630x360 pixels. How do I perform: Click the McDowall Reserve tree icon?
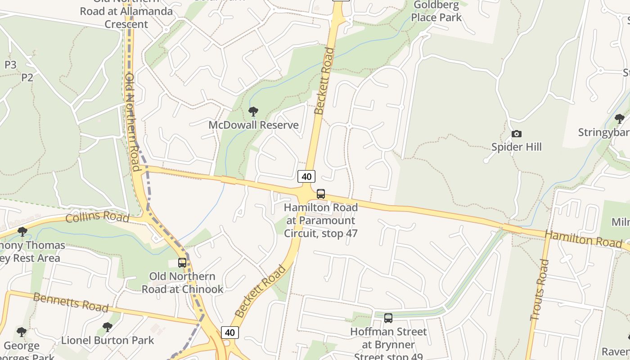pos(253,111)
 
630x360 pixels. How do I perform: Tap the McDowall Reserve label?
pos(253,125)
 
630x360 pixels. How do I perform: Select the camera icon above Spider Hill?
pos(516,134)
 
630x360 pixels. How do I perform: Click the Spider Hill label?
pos(516,147)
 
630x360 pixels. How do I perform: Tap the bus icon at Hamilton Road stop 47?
pos(321,194)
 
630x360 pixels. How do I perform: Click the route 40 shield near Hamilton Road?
pos(306,176)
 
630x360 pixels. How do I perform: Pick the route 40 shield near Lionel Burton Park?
pos(229,333)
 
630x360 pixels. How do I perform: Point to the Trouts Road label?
pos(539,290)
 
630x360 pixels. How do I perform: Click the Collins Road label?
pos(97,217)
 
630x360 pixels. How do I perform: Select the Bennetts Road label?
pos(71,302)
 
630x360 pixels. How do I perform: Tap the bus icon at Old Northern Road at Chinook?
pos(182,263)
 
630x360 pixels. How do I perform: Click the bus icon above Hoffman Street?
pos(388,318)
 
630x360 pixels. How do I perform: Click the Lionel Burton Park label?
pos(108,341)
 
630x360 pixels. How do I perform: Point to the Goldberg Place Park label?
pos(436,12)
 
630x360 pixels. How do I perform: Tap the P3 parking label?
pos(10,65)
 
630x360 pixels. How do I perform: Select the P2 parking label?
pos(27,77)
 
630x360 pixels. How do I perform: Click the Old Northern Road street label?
pos(134,121)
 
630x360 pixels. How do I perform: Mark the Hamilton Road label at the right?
pos(583,238)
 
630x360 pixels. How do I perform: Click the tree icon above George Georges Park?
pos(22,333)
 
